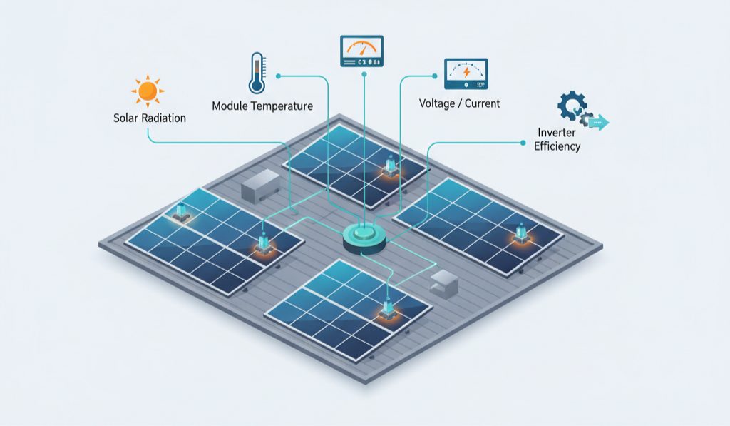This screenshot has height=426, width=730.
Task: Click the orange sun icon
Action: point(148,91)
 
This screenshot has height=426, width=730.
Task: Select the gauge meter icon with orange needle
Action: point(361,52)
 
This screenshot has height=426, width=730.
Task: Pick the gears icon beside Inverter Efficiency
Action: point(573,109)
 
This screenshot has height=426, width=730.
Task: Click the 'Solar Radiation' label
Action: point(150,118)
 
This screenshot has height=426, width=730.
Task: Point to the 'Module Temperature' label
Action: point(262,106)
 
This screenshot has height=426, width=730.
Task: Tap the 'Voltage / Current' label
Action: point(459,103)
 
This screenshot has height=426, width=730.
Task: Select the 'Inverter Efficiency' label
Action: point(557,140)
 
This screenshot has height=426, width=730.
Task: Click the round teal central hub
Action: point(364,235)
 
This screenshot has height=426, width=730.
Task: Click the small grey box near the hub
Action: point(443,282)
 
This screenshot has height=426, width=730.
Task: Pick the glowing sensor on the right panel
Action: point(521,233)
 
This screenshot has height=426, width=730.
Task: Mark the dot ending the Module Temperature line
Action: point(278,75)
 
